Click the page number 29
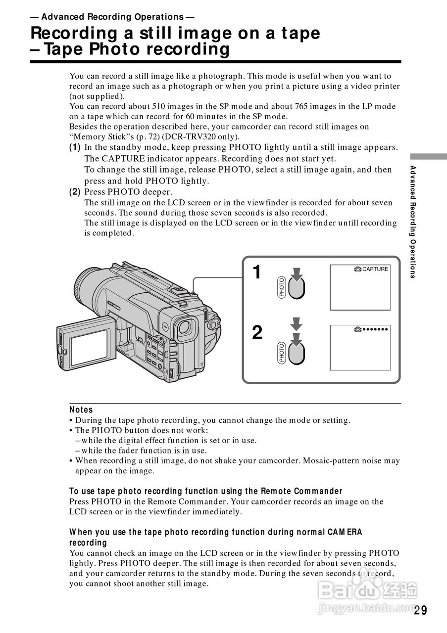421,610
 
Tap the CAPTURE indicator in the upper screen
372,269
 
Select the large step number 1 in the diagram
256,272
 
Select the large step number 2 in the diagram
257,332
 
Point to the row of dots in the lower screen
375,329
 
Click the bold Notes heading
81,409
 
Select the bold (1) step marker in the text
75,147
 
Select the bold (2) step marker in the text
75,191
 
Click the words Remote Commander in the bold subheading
301,491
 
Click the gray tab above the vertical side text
428,156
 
